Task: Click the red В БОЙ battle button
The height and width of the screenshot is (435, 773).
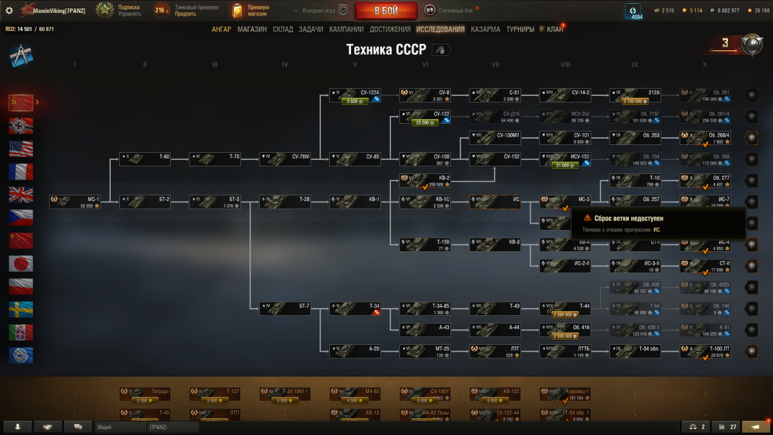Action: coord(385,10)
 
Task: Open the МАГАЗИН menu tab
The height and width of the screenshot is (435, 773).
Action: coord(252,29)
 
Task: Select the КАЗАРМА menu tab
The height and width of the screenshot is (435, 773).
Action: coord(485,29)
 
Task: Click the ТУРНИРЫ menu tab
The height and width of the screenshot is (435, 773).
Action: coord(520,29)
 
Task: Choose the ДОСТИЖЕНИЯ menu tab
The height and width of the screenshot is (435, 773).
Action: coord(390,29)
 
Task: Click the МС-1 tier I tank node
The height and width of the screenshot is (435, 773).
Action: coord(75,202)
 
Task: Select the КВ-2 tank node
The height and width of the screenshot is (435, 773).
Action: coord(425,181)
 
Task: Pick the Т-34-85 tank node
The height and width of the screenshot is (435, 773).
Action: coord(425,309)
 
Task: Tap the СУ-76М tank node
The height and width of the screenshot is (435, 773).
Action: coord(285,159)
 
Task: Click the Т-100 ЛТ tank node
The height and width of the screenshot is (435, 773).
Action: coord(705,351)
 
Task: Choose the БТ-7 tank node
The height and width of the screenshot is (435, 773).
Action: coord(285,309)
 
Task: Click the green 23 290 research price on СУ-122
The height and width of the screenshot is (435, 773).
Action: coord(425,122)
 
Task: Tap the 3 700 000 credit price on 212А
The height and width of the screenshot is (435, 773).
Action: coord(635,101)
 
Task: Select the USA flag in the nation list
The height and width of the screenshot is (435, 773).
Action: coord(21,149)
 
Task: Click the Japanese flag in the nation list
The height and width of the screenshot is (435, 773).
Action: coord(21,264)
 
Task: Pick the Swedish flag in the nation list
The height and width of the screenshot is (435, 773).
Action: coord(21,309)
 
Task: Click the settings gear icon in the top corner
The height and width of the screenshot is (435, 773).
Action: coord(9,10)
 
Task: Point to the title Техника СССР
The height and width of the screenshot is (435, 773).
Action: coord(386,50)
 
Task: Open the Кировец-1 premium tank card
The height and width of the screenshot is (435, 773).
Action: coord(565,393)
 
